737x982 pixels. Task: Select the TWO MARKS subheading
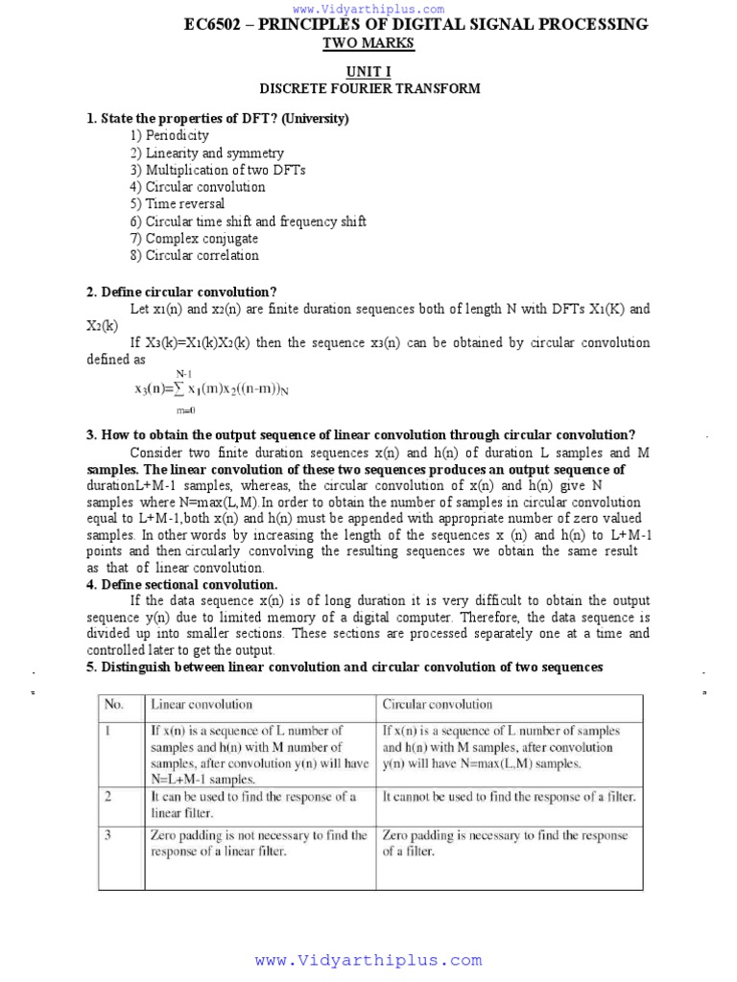click(x=368, y=44)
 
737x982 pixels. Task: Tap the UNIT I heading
click(x=368, y=72)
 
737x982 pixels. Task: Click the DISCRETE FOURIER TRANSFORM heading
click(x=369, y=88)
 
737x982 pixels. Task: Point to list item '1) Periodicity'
click(x=170, y=135)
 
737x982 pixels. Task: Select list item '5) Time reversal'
click(x=178, y=203)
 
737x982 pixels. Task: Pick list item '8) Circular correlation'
click(x=195, y=255)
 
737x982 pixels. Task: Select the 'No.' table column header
click(x=114, y=705)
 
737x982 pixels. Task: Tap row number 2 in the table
click(x=108, y=797)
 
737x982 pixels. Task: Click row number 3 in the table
click(x=108, y=835)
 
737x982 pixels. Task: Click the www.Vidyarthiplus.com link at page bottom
click(x=368, y=960)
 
